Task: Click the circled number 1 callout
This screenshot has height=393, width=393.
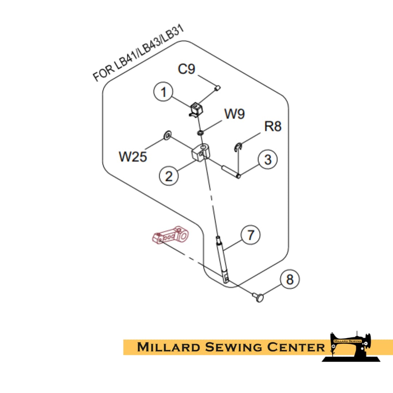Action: [x=164, y=92]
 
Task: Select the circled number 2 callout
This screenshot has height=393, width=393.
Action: [x=169, y=176]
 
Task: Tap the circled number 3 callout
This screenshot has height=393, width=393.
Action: [x=268, y=159]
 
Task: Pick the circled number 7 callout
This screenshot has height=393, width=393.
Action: [x=250, y=235]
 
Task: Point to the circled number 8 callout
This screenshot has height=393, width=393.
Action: [x=290, y=280]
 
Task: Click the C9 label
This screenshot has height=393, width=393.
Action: [x=186, y=69]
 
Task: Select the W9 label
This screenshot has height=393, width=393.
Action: [x=234, y=114]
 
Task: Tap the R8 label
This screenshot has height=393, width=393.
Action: [x=273, y=126]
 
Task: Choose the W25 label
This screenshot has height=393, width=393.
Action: [x=133, y=156]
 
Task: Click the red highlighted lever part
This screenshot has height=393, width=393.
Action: [x=170, y=236]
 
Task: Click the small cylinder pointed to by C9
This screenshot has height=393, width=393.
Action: [x=217, y=88]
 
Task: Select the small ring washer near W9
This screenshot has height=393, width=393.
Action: [x=200, y=132]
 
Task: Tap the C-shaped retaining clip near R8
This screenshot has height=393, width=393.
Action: [x=238, y=147]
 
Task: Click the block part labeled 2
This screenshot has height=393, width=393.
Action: [x=200, y=152]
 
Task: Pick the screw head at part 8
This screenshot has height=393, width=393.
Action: [x=259, y=298]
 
